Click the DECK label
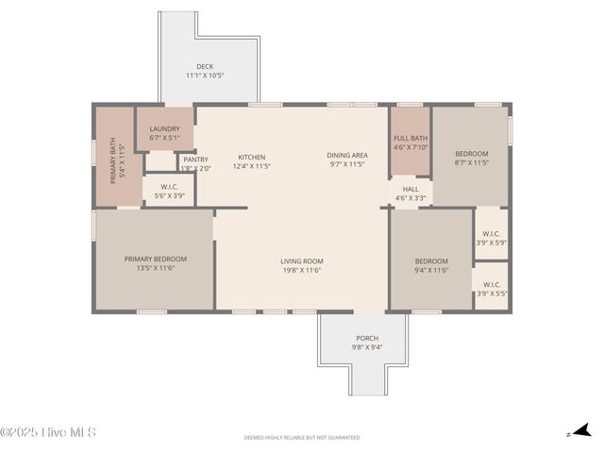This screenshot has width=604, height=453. tap(205, 66)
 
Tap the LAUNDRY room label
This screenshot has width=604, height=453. tap(164, 129)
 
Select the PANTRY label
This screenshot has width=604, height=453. tap(195, 159)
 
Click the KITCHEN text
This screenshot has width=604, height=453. tap(251, 157)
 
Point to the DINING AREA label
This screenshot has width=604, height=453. tap(347, 156)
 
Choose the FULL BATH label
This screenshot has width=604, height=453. tap(411, 139)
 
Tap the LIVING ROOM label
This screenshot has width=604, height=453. tap(301, 261)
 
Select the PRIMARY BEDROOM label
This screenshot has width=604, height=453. tap(156, 259)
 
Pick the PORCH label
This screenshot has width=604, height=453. tap(367, 338)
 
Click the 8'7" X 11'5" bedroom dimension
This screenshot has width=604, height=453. tap(471, 162)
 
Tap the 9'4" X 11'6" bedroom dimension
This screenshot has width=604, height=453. tap(431, 270)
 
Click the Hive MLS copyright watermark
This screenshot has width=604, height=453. tap(48, 433)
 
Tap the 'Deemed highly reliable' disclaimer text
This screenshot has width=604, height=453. tap(301, 438)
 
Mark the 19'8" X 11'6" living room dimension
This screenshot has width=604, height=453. tap(301, 270)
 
